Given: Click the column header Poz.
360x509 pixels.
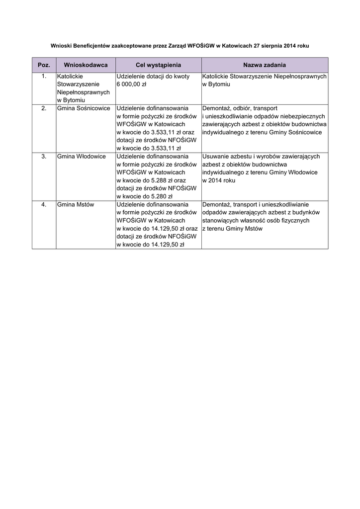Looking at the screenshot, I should (x=44, y=65).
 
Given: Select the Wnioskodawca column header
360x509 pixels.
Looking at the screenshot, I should (x=86, y=65).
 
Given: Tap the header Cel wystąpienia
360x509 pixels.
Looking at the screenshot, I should (x=158, y=65).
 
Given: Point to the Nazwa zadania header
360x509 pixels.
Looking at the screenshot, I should (x=265, y=65).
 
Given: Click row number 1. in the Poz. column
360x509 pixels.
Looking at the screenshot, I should (x=44, y=77).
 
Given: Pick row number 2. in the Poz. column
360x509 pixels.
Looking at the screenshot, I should (x=44, y=108).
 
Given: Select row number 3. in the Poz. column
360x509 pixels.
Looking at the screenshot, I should (x=44, y=156).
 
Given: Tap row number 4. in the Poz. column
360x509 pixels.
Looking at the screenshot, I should (x=44, y=204).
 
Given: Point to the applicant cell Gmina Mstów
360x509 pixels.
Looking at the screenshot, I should (x=76, y=204).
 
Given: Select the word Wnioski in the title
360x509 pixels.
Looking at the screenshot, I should (x=62, y=45).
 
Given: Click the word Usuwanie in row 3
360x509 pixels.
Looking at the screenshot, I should (x=215, y=156).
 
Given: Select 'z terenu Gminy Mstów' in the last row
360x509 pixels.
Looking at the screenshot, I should (x=232, y=229).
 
